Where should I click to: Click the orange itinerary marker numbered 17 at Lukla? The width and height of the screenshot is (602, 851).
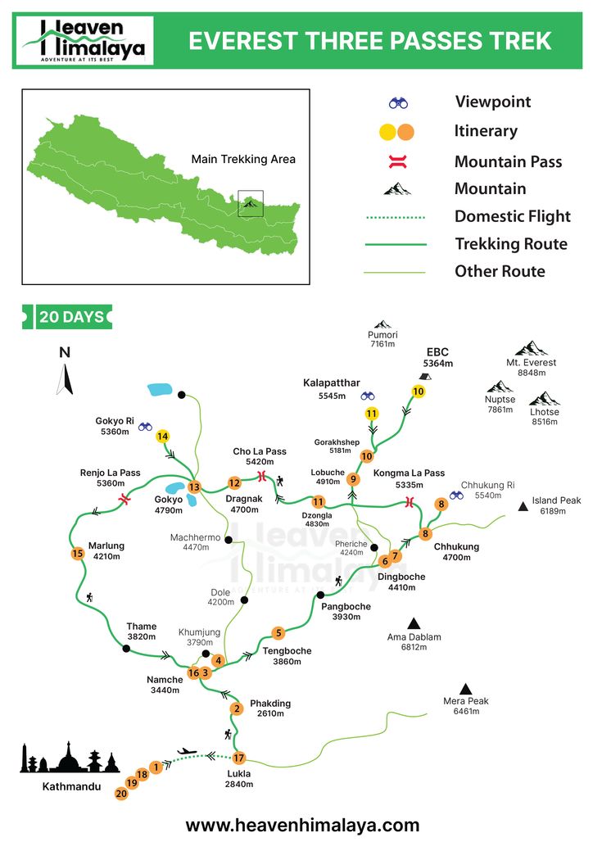point(239,758)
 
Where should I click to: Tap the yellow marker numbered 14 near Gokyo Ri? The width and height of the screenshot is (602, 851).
point(163,437)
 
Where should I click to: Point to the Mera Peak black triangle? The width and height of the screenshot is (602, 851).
point(466,689)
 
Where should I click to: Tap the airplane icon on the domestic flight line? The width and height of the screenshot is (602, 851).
point(188,750)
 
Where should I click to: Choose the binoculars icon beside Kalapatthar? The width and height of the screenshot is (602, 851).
point(368,396)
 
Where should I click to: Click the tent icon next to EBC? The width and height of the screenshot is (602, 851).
point(424,376)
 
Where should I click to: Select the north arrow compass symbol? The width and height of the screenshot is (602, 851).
point(65,379)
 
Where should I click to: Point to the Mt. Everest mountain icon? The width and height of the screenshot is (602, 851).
point(532,348)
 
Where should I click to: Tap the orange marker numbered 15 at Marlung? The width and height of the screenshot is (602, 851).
point(78,554)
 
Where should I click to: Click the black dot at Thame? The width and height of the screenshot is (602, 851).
point(126,649)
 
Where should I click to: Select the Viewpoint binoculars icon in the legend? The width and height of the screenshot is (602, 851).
point(399,103)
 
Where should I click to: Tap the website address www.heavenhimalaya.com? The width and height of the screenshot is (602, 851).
point(302,825)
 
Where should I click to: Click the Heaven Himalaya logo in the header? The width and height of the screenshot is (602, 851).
point(84,40)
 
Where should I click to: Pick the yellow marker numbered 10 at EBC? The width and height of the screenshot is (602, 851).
point(419,392)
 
